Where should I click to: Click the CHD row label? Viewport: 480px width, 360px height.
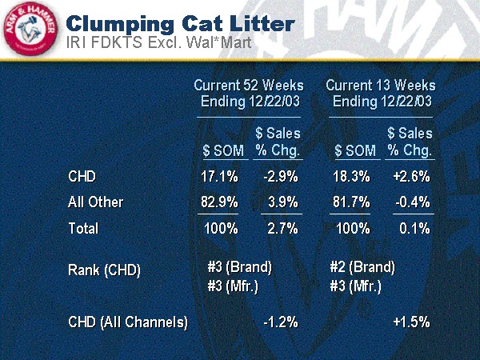point(82,176)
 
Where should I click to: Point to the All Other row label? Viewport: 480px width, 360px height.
point(96,202)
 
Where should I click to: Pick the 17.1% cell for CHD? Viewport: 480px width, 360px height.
point(219,176)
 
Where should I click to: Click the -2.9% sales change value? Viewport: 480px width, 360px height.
point(281,176)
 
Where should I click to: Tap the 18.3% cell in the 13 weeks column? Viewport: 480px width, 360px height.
point(351,176)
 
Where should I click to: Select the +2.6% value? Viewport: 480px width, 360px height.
point(412,176)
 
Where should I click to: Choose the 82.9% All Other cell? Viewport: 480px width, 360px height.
point(219,202)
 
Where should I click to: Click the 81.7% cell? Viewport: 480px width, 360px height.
point(351,202)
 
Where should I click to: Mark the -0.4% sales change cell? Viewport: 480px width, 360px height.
point(413,202)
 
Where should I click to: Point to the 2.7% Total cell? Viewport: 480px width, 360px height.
point(282,229)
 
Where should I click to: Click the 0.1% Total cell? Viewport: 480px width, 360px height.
point(415,229)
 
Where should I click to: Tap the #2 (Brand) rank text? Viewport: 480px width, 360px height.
point(362,266)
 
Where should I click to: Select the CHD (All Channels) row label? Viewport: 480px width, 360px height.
point(128,323)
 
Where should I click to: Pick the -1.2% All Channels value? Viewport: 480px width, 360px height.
point(281,322)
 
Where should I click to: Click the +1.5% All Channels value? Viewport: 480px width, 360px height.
point(412,322)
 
